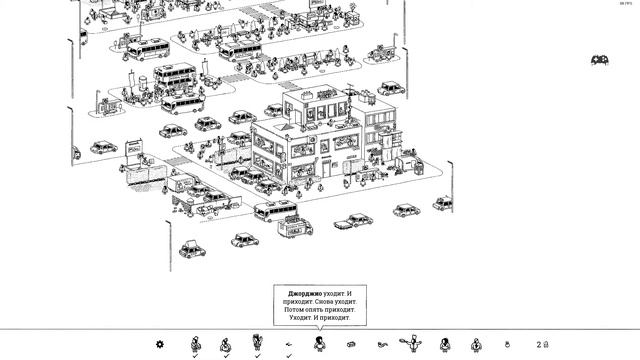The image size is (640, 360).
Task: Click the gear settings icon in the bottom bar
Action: click(159, 344)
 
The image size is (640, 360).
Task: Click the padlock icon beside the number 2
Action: click(546, 344)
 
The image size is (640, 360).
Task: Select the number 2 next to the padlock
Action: click(538, 344)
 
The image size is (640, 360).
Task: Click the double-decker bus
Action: click(174, 76)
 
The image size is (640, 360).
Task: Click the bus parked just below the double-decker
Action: click(183, 104)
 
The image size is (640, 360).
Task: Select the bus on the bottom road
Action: click(274, 211)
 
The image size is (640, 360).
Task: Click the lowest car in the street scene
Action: click(193, 247)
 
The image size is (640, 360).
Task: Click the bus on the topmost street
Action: click(142, 43)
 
